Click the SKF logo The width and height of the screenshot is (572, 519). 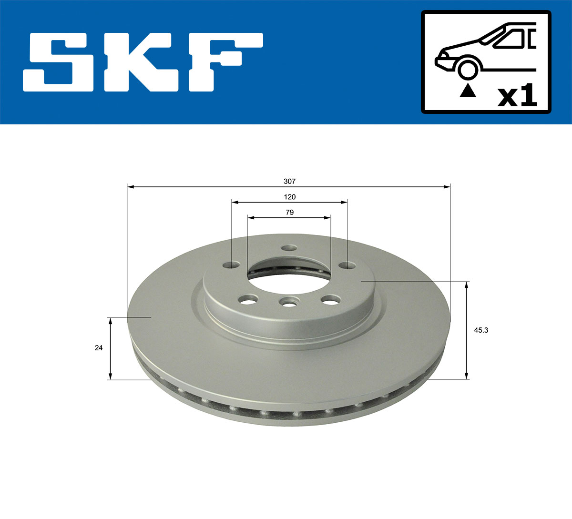tap(143, 61)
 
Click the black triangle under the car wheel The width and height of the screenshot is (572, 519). tap(468, 90)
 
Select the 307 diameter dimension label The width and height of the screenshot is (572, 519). tap(289, 181)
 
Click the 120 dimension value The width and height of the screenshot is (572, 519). tap(290, 197)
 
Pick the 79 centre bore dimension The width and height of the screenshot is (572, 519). tap(289, 213)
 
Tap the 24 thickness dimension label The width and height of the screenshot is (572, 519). tap(99, 348)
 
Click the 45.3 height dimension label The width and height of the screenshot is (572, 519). tap(481, 329)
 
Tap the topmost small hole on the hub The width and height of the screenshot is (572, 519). tap(289, 248)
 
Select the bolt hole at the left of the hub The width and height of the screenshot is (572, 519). tap(232, 265)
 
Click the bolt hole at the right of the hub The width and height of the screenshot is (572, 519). tap(347, 265)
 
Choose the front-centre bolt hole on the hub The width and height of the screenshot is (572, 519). tap(289, 302)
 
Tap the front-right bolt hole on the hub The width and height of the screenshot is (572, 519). tap(330, 300)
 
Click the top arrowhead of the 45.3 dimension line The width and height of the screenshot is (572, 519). tap(467, 285)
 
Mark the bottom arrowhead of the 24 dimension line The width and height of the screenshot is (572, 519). tap(111, 376)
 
